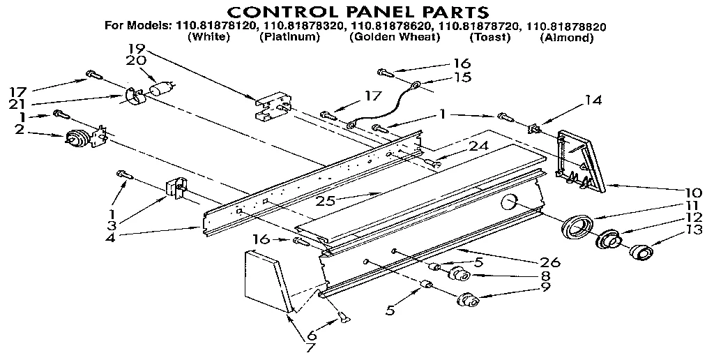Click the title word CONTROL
(x=283, y=12)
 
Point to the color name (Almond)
(x=566, y=38)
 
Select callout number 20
(x=137, y=61)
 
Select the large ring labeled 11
(x=577, y=227)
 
